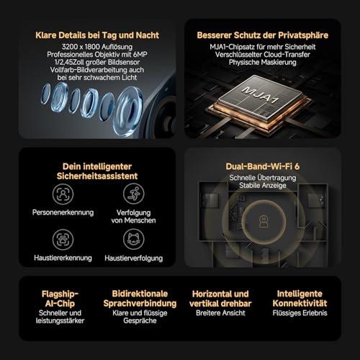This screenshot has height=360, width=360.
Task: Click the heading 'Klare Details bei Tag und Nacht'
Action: point(97,35)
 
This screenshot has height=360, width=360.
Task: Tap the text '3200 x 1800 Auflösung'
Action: point(97,47)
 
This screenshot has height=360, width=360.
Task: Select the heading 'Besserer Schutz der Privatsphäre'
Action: point(263,35)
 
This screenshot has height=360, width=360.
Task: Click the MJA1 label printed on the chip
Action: point(261,94)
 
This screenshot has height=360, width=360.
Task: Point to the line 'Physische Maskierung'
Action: point(263,63)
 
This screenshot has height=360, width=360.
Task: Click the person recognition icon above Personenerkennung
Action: point(63,194)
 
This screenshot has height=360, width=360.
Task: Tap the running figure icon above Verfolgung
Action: point(134,194)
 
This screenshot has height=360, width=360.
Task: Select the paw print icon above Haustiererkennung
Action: point(63,239)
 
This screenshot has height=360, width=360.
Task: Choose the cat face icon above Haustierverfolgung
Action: point(134,239)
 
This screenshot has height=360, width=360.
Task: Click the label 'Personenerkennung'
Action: point(63,212)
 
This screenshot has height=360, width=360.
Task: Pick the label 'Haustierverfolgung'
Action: point(134,258)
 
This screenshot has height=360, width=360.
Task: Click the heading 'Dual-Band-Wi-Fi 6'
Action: point(263,166)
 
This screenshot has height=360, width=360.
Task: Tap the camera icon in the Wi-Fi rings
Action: point(264,222)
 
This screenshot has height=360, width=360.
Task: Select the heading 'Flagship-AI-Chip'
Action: point(60,299)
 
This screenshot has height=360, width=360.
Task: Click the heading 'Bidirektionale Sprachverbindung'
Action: point(140,299)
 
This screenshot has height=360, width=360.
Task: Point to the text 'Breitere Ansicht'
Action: point(220,313)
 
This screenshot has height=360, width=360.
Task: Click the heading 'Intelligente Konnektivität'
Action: point(300,299)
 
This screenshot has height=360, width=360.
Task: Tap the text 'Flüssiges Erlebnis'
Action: point(300,313)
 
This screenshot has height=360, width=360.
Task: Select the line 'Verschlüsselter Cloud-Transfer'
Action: point(263,55)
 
